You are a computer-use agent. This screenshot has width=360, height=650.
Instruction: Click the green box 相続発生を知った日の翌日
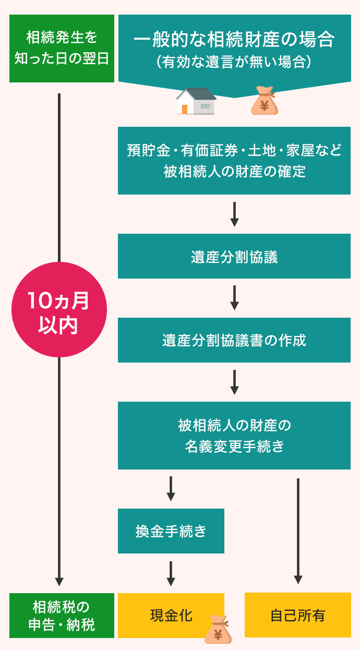coord(62,48)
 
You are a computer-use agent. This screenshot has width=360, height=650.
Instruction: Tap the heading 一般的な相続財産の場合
coord(234,40)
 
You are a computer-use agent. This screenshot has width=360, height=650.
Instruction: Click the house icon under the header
coord(196,101)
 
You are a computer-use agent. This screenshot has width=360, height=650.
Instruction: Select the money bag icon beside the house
coord(264,101)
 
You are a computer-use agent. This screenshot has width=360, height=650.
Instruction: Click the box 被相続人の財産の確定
coord(234,161)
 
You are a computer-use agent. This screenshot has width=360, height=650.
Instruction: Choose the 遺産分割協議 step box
coord(234,256)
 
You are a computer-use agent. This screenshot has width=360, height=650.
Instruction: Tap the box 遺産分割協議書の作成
coord(234,340)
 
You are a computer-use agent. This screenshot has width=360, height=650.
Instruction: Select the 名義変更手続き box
coord(234,436)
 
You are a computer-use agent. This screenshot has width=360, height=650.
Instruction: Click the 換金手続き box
coord(171,531)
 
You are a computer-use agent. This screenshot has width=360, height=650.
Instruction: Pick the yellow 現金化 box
coord(171,615)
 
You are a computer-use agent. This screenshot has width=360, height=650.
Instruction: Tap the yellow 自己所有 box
coord(297,615)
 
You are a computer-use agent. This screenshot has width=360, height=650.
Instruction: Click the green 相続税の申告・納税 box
coord(62,616)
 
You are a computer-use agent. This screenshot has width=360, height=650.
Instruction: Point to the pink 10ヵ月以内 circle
coord(59,310)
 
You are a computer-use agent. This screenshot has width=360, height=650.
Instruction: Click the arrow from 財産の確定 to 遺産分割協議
coord(234,214)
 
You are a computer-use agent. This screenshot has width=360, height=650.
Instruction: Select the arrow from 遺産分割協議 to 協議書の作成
coord(234,297)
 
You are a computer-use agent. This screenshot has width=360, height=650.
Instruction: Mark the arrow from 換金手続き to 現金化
coord(171,573)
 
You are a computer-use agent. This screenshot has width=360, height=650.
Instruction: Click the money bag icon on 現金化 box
coord(218,629)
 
